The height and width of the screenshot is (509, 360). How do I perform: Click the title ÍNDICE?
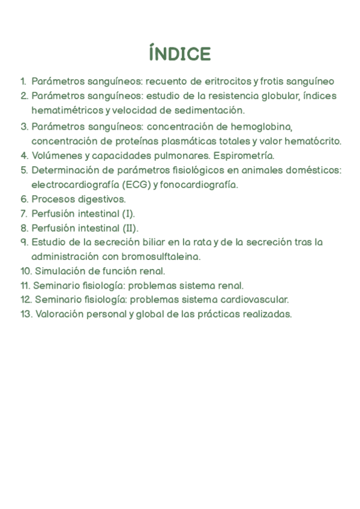180,54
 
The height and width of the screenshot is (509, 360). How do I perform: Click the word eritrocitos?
226,81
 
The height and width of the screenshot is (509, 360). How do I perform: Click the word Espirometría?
244,155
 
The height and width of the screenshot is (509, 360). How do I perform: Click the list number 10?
25,271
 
